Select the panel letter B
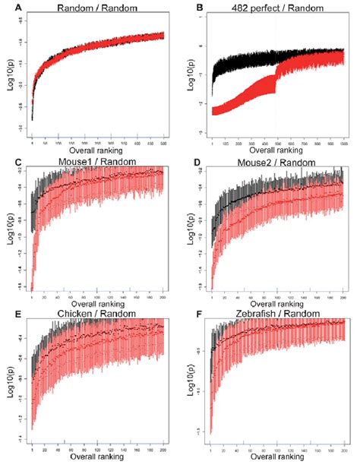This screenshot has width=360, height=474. click(190, 9)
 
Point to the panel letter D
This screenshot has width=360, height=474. click(190, 162)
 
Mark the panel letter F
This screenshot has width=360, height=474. click(190, 314)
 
